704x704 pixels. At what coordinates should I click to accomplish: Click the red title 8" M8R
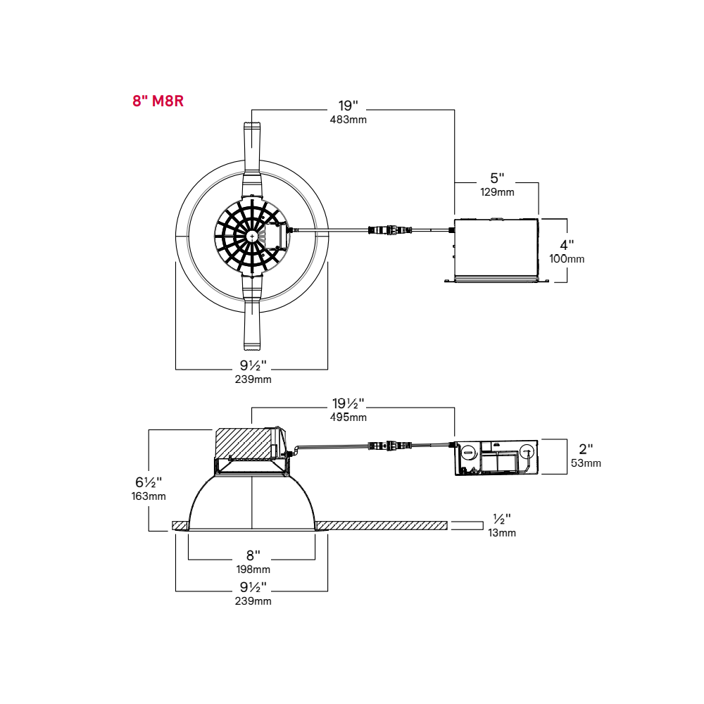coord(158,101)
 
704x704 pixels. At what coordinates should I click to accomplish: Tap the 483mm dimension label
coord(348,120)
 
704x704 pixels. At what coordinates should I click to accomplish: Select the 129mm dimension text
coord(497,192)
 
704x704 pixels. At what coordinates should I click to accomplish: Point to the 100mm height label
coord(567,259)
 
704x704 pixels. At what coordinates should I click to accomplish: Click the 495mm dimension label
coord(348,417)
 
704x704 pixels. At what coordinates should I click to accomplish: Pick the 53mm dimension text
coord(586,463)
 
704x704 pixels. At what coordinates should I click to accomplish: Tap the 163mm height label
coord(149,496)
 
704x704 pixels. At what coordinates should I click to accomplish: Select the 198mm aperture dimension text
coord(253,570)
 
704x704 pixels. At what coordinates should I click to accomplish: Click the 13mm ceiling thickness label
coord(502,534)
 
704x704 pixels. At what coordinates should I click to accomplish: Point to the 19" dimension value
coord(348,106)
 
